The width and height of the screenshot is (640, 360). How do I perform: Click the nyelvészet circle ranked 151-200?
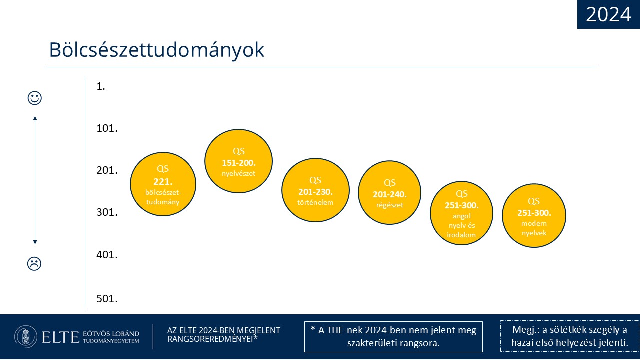coord(238,161)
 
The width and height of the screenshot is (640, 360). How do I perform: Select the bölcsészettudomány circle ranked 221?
coord(163,184)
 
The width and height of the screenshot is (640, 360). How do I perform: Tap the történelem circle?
coord(315,190)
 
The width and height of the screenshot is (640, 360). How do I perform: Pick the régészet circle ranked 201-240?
coord(389,193)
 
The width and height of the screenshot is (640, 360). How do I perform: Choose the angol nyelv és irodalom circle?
coord(461,213)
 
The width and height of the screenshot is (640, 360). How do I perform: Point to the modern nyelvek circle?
coord(534,215)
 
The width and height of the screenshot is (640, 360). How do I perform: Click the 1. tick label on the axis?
coord(101,86)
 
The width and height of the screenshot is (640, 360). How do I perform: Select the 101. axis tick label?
coord(107,128)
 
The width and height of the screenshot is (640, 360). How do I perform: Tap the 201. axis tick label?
coord(107,170)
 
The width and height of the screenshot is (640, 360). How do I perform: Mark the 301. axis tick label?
coord(107,212)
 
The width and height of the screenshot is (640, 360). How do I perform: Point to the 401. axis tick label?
coord(107,255)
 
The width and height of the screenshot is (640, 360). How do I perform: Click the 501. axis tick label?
coord(107,299)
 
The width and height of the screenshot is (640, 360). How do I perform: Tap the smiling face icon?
coord(35,98)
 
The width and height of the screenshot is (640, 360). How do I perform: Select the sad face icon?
coord(34,263)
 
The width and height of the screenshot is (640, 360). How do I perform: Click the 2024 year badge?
coord(608,14)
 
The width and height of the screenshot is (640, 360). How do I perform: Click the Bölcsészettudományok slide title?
coord(157,50)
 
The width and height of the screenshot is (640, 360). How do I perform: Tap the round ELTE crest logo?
coord(26,337)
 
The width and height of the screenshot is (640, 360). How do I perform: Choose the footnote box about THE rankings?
coord(393,337)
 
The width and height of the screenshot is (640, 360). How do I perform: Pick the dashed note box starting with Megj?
coord(569,336)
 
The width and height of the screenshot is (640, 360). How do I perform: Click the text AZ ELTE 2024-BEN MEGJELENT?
coord(223,330)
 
